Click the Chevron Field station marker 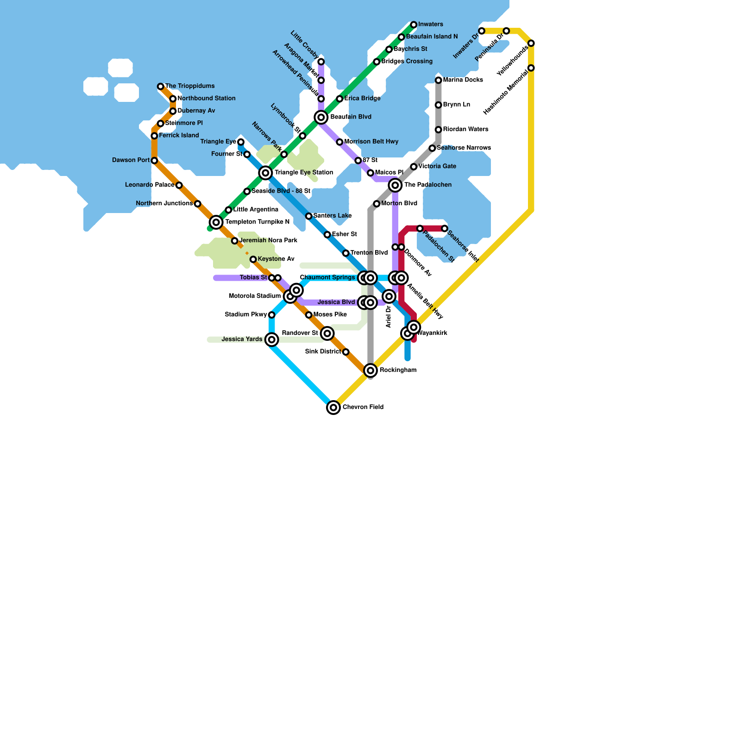tap(333, 408)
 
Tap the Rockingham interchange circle tap(370, 370)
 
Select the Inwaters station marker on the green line tap(414, 25)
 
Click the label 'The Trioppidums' tap(190, 86)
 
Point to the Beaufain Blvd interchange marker tap(321, 117)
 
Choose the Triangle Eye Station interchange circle tap(265, 173)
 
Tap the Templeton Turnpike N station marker tap(216, 222)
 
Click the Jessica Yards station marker tap(272, 339)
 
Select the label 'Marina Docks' tap(463, 80)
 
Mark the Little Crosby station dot tap(321, 62)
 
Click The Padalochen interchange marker tap(395, 185)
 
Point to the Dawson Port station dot tap(154, 161)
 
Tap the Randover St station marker tap(327, 333)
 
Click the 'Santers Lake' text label tap(333, 216)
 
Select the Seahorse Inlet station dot tap(445, 228)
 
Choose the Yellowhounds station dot tap(531, 43)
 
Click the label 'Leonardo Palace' tap(150, 185)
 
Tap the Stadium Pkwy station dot tap(272, 315)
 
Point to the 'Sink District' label tap(323, 352)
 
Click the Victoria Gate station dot tap(414, 167)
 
